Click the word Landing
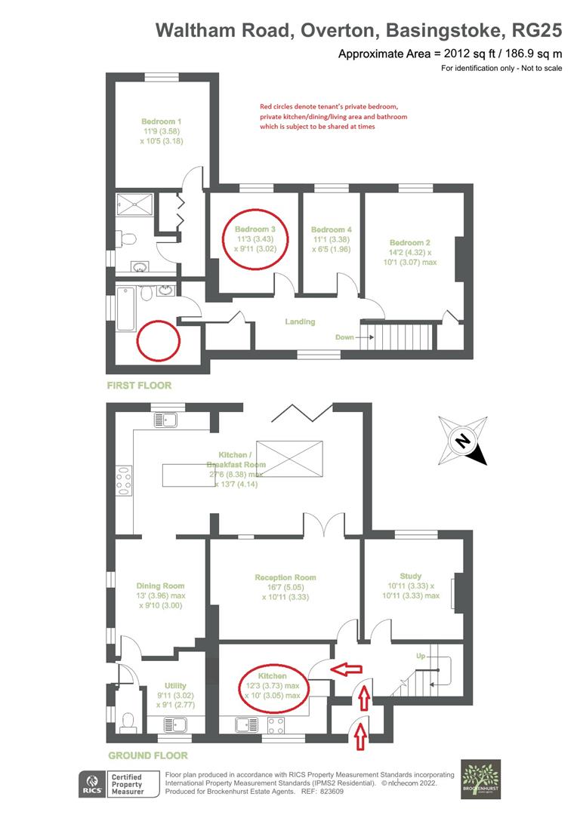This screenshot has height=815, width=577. tap(300, 322)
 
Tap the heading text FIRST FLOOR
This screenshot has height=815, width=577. tap(139, 386)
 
